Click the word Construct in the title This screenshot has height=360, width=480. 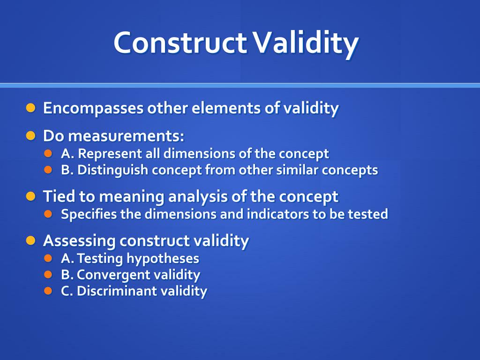point(180,42)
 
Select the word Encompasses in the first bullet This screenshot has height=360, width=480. point(93,108)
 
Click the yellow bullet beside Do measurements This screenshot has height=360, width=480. point(30,135)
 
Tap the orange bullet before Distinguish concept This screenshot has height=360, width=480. point(48,170)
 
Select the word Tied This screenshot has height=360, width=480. point(59,196)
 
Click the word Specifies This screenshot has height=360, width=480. point(89,214)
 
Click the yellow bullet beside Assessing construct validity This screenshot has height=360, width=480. point(30,240)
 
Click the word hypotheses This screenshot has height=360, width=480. point(163,258)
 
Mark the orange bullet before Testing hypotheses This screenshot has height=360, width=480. point(48,258)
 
